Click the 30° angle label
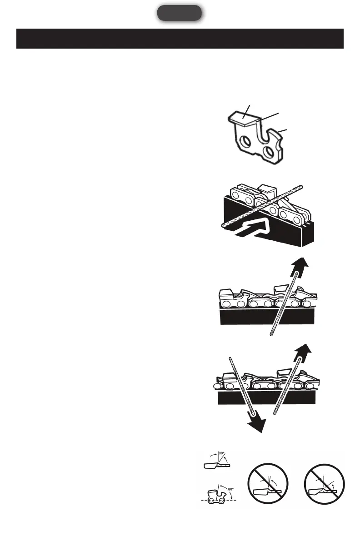click(221, 453)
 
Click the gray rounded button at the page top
click(180, 13)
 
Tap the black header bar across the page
click(180, 39)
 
